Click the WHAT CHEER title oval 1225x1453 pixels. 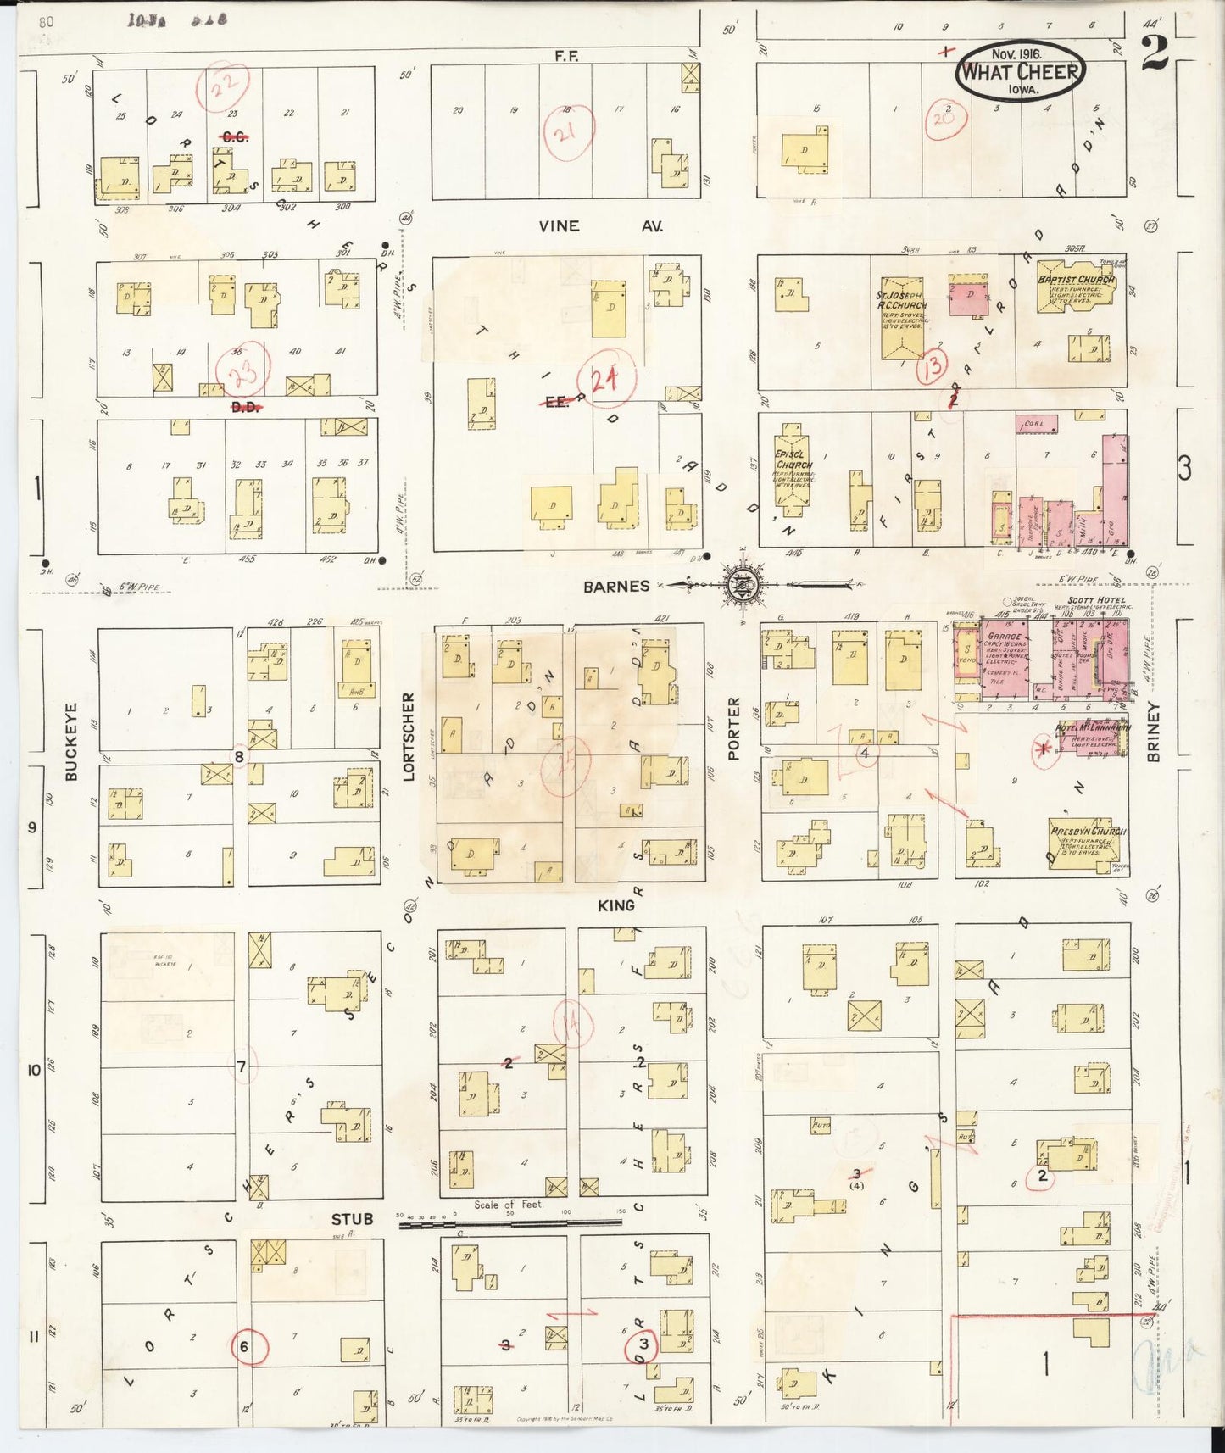coord(1021,73)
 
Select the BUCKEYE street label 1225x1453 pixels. coord(71,741)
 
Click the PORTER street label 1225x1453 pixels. coord(734,729)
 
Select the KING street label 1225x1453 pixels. coord(615,905)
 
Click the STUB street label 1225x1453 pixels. coord(352,1219)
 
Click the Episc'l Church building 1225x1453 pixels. coord(793,476)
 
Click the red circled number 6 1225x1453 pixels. coord(249,1346)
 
